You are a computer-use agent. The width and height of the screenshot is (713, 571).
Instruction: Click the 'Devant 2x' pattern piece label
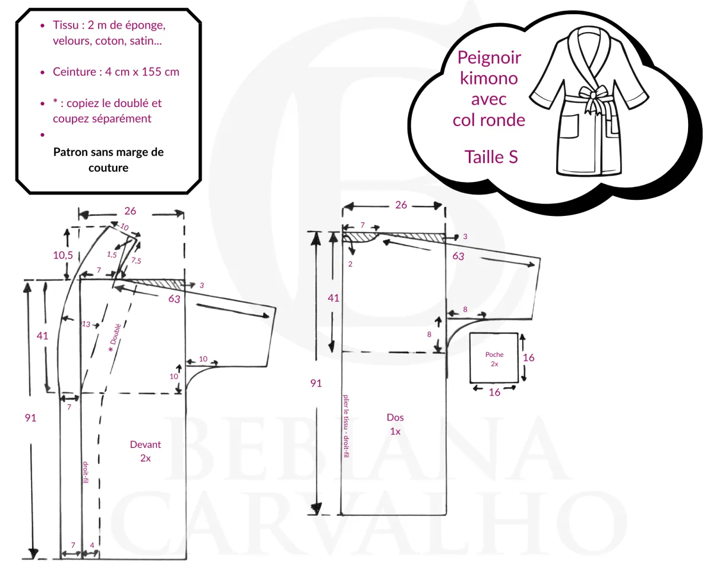(145, 451)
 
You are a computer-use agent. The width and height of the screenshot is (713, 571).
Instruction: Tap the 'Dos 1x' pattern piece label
(395, 424)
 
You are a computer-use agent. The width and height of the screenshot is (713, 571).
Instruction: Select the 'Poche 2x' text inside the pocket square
(494, 359)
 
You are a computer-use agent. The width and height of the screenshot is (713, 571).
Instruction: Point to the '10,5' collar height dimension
(63, 255)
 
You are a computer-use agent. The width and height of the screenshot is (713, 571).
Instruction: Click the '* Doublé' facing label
(115, 338)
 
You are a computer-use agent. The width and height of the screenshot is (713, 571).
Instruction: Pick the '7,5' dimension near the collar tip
(136, 261)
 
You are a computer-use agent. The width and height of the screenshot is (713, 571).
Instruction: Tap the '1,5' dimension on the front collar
(112, 255)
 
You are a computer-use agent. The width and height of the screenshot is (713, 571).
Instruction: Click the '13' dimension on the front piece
(86, 324)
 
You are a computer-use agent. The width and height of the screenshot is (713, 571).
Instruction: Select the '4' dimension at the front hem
(92, 545)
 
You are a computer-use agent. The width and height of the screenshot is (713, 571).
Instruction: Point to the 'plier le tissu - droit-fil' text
(346, 426)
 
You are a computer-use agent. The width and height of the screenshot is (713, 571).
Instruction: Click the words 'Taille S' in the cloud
(491, 157)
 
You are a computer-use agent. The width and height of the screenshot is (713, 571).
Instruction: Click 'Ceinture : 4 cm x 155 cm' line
(116, 71)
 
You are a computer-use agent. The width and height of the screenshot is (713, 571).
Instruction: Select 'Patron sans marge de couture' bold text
(108, 160)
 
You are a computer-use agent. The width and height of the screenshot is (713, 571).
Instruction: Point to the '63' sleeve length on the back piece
(458, 256)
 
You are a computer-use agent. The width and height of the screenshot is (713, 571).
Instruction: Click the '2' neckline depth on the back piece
(350, 264)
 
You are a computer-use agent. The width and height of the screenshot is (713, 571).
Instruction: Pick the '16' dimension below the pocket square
(494, 393)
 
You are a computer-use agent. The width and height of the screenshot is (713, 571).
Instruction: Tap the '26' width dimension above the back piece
(401, 205)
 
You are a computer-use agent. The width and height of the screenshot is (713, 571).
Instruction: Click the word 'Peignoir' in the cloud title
(489, 58)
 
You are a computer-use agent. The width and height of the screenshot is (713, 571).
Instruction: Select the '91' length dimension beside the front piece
(30, 418)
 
